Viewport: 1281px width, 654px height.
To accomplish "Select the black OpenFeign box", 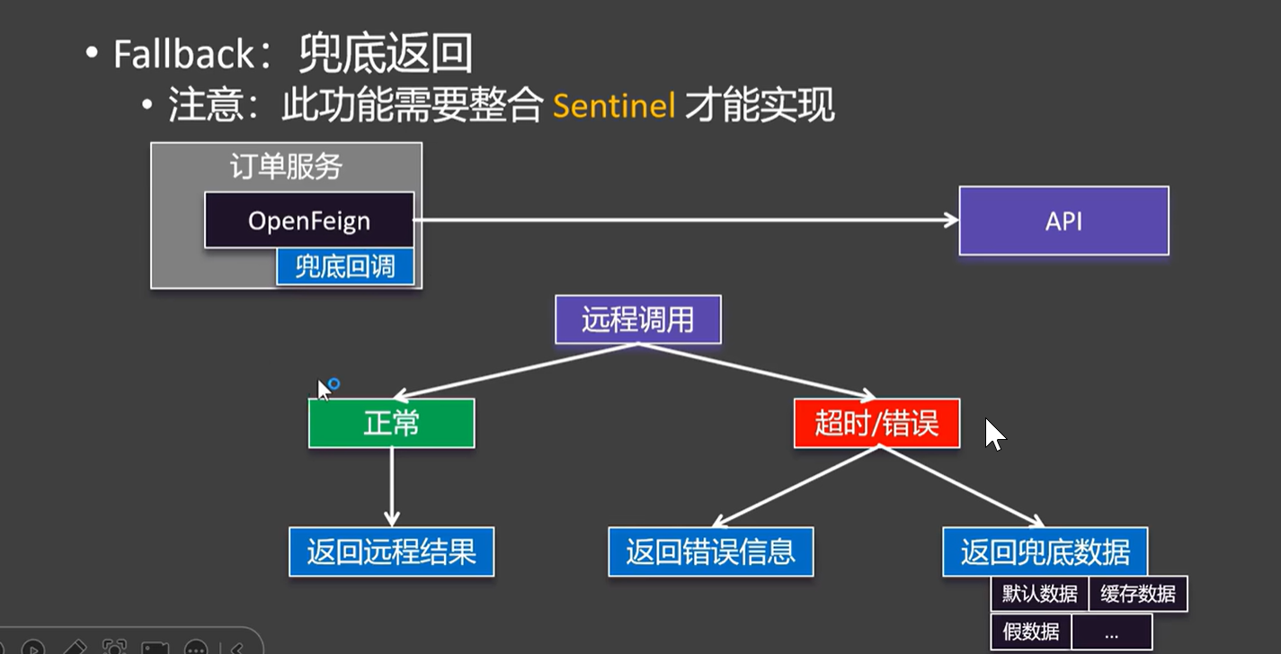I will coord(308,219).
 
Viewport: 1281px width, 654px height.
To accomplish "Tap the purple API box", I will coord(1063,220).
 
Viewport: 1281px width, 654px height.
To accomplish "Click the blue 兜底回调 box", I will coord(345,267).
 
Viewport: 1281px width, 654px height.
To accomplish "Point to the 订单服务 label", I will coord(286,166).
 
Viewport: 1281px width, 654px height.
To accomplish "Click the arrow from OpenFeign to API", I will coord(683,219).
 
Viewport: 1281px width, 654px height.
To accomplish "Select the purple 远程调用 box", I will coord(637,319).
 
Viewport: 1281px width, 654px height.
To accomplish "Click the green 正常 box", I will coord(391,423).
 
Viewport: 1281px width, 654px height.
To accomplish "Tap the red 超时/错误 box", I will coord(876,423).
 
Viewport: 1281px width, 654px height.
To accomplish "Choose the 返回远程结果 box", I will coord(391,551).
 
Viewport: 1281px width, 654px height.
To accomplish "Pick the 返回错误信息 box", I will coord(710,551).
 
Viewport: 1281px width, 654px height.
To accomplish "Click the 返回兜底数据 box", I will coord(1045,551).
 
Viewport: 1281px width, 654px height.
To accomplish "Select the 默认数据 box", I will coord(1039,595).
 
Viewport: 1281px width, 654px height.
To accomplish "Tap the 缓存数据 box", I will coord(1137,595).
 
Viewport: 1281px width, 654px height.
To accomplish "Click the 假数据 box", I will coord(1031,632).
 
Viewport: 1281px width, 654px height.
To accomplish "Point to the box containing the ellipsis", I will coord(1111,632).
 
